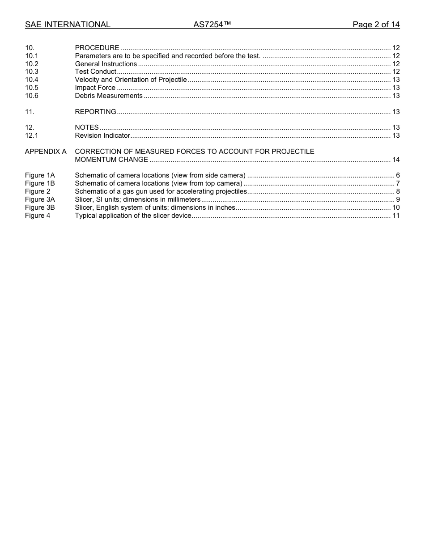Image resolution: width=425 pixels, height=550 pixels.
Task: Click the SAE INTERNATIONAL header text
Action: coord(68,25)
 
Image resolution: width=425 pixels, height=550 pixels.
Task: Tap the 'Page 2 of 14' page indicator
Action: coord(376,25)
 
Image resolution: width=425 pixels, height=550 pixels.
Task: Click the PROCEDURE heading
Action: coord(97,48)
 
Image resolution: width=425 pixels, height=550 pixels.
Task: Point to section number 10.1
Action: coord(32,56)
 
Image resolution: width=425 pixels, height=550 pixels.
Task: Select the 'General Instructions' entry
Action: coord(106,64)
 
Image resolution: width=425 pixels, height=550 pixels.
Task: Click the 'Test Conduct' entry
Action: coord(95,72)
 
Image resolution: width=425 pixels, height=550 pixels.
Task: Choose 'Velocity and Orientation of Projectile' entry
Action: coord(131,80)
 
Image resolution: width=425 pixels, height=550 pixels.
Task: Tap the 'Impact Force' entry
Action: coord(95,88)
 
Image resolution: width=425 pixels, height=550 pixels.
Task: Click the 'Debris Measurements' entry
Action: coord(109,96)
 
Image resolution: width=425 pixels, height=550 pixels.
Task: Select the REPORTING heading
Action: coord(95,112)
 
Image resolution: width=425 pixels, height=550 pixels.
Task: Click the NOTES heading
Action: coord(87,127)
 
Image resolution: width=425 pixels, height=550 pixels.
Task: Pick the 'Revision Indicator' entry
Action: coord(102,135)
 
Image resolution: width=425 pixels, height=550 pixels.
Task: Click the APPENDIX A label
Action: coord(46,152)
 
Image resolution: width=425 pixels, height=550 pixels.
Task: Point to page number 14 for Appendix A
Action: coord(395,160)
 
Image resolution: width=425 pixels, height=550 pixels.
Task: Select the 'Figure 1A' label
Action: coord(40,175)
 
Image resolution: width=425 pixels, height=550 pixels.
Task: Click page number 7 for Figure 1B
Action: coord(398,183)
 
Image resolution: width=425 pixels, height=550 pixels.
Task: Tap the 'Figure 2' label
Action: coord(38,191)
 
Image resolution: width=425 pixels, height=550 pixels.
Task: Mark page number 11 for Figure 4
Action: coord(395,216)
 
